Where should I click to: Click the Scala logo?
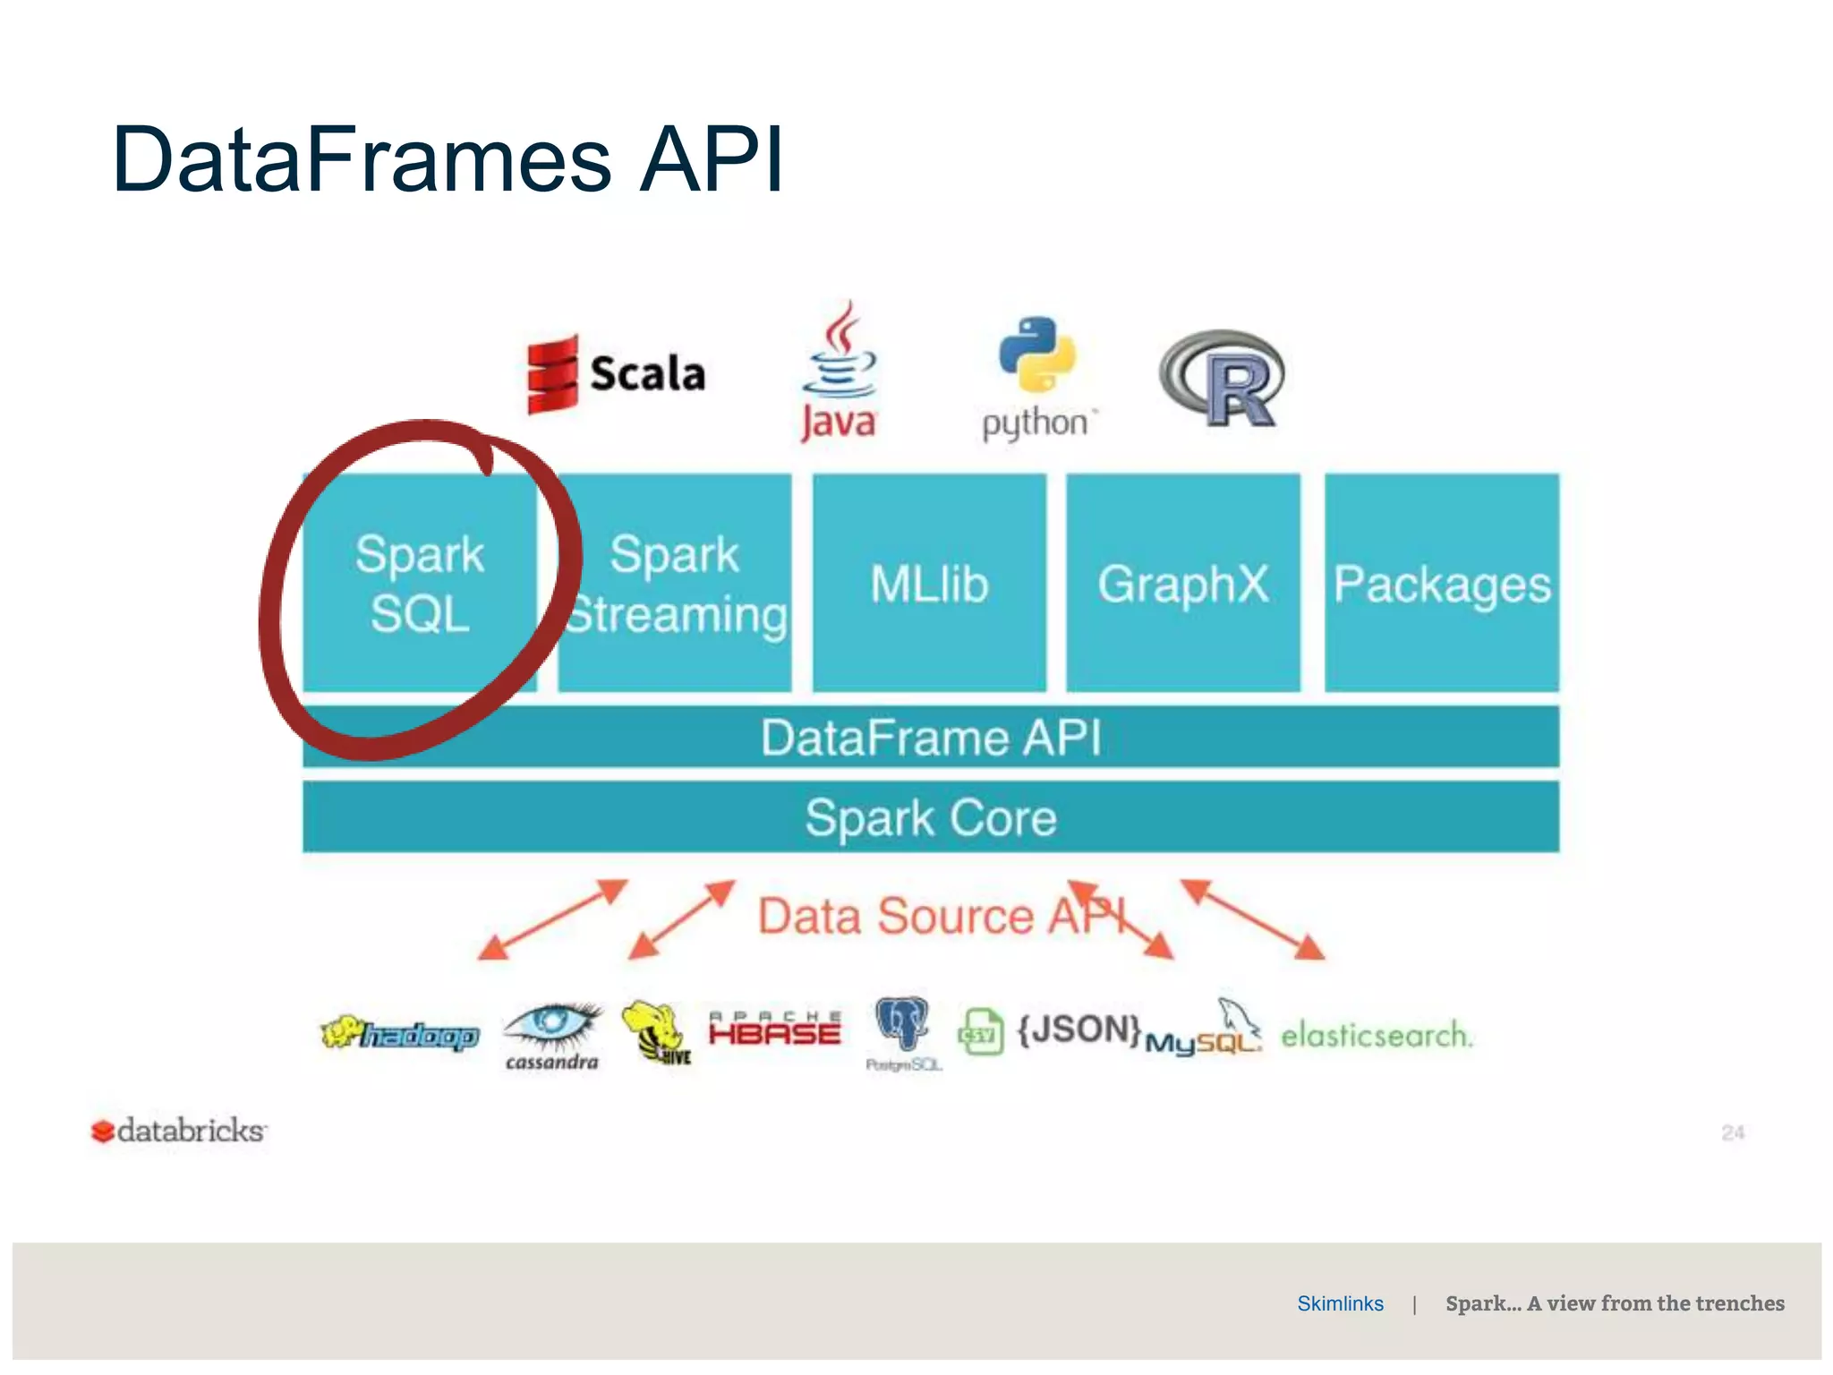616,374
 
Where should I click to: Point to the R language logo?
1223,380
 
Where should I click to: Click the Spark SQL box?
419,583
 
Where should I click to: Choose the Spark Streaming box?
675,583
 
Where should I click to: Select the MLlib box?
929,583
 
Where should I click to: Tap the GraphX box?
1182,583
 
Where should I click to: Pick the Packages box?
1441,583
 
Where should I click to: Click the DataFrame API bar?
931,737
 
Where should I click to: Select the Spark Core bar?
931,816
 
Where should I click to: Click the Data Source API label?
940,917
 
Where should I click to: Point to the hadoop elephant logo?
400,1035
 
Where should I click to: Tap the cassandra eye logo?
552,1035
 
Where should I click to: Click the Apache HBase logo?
774,1029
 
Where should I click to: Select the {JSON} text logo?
1078,1029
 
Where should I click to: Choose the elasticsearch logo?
1376,1036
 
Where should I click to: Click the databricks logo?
179,1131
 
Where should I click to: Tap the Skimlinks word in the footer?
1340,1303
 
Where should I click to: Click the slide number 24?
1733,1132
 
